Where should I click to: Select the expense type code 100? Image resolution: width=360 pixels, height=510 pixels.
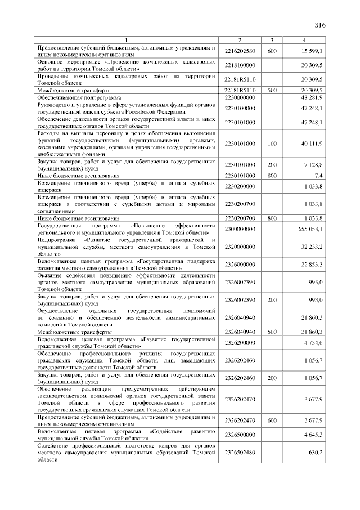(272, 144)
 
